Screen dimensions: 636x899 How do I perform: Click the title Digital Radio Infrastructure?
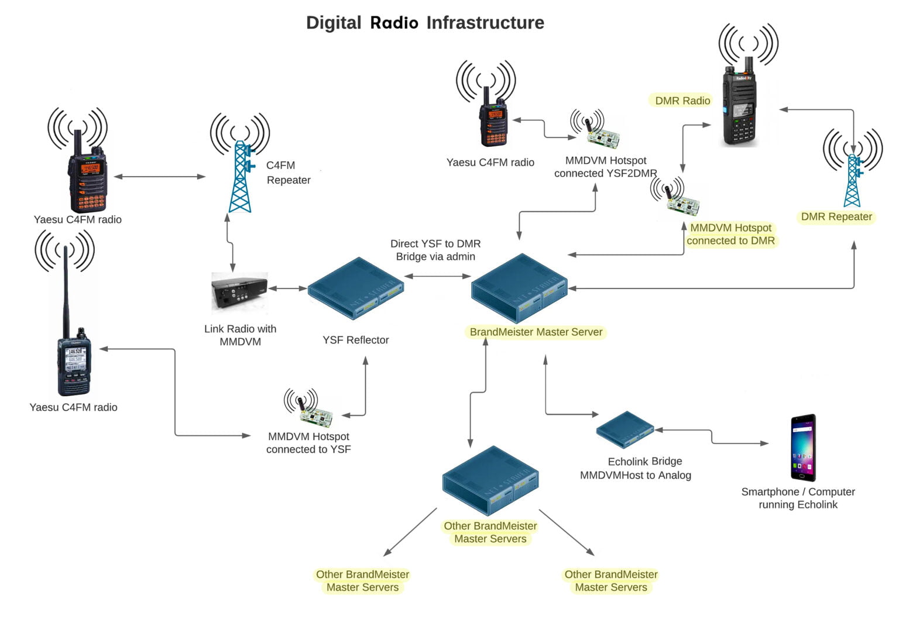point(425,23)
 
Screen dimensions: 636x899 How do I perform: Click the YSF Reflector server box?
point(355,288)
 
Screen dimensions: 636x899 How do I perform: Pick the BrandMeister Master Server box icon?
point(520,288)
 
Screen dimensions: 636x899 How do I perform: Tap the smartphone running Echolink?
point(802,447)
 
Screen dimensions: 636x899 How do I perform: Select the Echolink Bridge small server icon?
point(625,430)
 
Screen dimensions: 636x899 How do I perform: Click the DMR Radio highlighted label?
point(682,101)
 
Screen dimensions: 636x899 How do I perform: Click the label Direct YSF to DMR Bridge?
point(435,250)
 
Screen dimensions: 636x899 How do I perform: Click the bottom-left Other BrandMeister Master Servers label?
point(362,580)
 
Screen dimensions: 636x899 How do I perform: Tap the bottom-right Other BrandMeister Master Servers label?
point(610,580)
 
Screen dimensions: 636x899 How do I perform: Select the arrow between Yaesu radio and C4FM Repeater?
point(159,176)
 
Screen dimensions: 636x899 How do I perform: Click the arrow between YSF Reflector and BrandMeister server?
point(437,276)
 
